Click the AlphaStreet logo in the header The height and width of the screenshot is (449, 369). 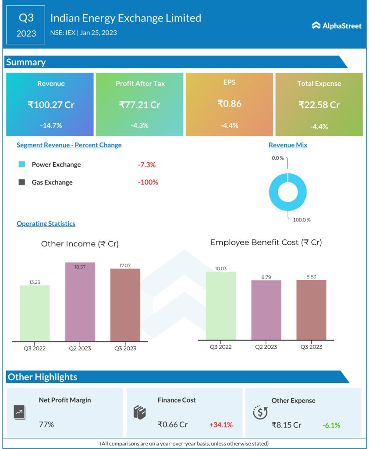tap(337, 25)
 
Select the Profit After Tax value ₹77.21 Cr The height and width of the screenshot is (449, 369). tap(140, 105)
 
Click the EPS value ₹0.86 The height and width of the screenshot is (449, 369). tap(229, 104)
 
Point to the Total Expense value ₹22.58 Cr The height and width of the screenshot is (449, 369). tap(319, 105)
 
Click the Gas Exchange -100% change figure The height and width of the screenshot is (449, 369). tap(148, 182)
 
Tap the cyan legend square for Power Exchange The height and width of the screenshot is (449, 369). tap(21, 165)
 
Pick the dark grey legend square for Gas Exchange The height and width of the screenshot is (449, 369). tap(21, 182)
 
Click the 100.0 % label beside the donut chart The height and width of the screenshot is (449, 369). tap(302, 220)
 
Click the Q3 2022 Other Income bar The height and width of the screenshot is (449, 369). tap(35, 313)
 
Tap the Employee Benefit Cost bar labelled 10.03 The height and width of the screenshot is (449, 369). tap(221, 305)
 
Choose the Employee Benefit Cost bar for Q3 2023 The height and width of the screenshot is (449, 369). tap(311, 310)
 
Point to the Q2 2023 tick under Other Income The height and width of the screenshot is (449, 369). tap(80, 349)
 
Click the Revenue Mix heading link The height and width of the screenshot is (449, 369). tap(288, 145)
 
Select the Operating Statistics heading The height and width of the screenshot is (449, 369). tap(46, 224)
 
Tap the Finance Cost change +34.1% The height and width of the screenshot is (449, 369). tap(221, 424)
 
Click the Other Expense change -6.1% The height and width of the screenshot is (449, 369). tap(331, 425)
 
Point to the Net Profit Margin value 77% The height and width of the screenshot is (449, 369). tap(46, 424)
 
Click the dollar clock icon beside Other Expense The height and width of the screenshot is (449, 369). tap(260, 412)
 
